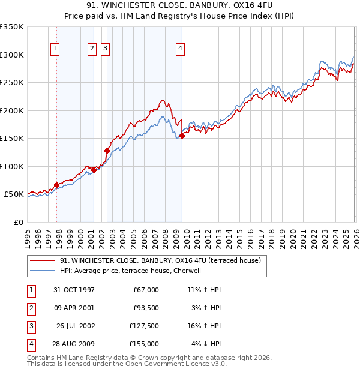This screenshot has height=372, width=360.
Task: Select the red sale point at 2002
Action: (x=107, y=151)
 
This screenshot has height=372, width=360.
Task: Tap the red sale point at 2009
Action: (x=182, y=136)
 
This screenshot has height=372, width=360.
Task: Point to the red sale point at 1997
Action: (x=57, y=185)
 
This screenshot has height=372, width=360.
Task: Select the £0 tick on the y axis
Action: (x=18, y=222)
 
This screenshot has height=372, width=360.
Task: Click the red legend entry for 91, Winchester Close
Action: (x=160, y=261)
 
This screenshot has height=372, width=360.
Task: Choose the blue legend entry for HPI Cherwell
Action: (x=133, y=271)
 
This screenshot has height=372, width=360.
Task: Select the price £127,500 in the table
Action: (x=144, y=327)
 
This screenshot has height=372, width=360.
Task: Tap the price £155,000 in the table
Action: (x=144, y=344)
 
